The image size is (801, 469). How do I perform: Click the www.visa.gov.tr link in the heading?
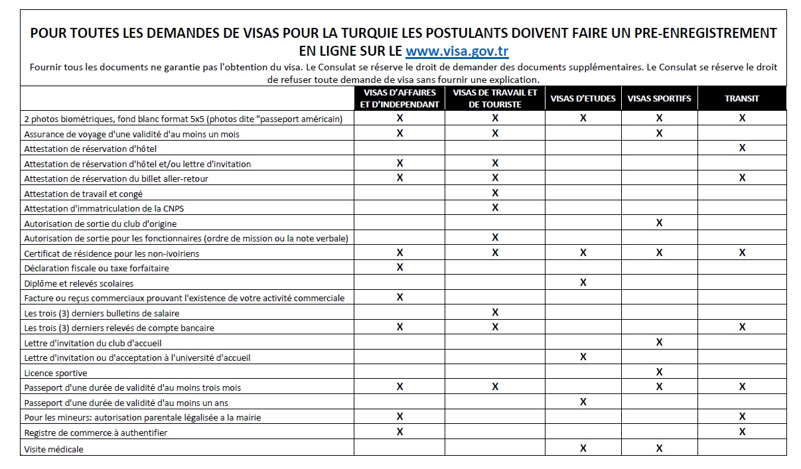click(457, 51)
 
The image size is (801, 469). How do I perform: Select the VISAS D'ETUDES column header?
click(583, 98)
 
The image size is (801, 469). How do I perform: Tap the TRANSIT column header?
click(742, 98)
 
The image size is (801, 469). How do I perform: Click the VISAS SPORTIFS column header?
click(659, 98)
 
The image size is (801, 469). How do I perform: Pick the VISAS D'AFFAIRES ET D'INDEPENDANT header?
click(400, 98)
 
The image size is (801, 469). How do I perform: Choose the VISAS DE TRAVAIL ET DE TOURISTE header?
click(495, 98)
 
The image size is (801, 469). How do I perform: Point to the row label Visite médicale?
click(54, 449)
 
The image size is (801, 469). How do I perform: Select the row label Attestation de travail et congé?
click(83, 194)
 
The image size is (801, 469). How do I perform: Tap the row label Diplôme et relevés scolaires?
click(78, 283)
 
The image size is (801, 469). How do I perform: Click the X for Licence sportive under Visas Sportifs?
click(659, 372)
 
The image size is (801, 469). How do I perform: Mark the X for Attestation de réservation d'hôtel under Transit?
click(742, 148)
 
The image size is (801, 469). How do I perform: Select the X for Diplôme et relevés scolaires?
click(583, 283)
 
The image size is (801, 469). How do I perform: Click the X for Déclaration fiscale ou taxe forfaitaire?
click(400, 267)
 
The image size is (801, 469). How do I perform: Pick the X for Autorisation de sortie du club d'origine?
click(659, 223)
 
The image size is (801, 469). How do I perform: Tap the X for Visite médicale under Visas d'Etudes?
click(583, 448)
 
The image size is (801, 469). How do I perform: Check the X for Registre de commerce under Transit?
click(742, 432)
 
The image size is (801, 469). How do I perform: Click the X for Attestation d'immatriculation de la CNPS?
click(495, 208)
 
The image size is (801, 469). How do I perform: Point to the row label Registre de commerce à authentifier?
click(96, 433)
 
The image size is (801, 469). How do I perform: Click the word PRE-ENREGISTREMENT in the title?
click(709, 33)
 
